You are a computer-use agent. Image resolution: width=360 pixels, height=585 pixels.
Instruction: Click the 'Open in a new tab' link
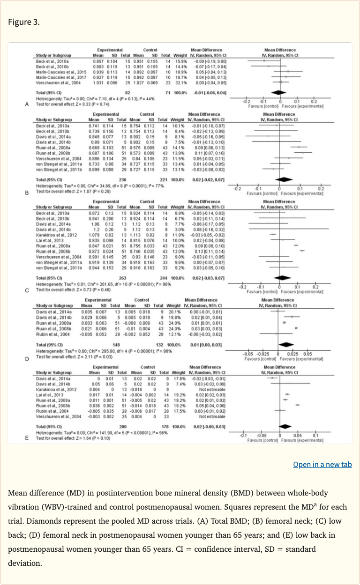coord(322,465)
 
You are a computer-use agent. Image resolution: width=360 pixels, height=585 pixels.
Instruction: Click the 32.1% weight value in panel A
coord(181,82)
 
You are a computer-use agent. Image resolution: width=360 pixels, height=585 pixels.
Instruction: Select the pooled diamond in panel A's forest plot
coord(280,93)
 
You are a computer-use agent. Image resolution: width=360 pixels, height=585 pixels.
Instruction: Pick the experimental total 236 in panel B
coord(124,179)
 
